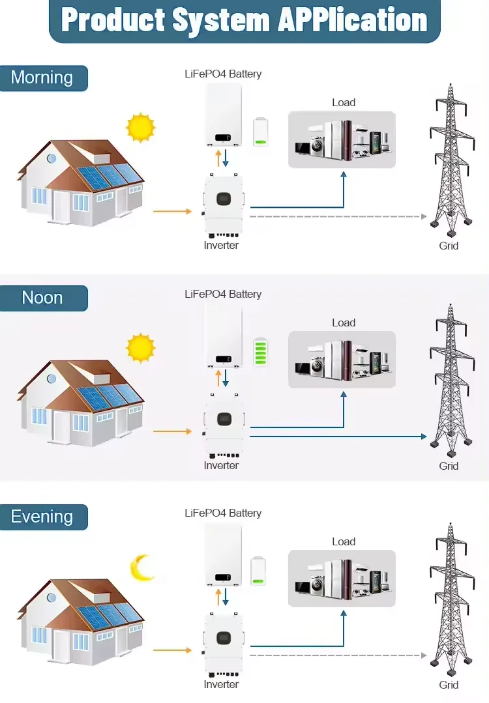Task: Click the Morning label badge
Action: tap(44, 78)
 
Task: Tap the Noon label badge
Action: tap(44, 298)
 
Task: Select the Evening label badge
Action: tap(44, 517)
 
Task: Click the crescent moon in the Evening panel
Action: tap(141, 568)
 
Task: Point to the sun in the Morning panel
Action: tap(141, 127)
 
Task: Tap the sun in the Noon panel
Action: tap(141, 348)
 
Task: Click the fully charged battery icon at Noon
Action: tap(261, 352)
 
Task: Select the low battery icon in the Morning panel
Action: tap(261, 132)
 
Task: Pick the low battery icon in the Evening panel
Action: tap(258, 571)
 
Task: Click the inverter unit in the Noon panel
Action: tap(224, 425)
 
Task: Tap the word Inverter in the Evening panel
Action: tap(221, 684)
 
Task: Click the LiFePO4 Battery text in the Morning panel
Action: tap(223, 74)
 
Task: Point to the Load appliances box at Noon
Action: tap(342, 360)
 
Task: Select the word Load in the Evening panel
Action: tap(344, 541)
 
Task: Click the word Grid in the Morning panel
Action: tap(449, 246)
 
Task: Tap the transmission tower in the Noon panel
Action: tap(451, 376)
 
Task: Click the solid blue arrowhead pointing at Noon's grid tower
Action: tap(424, 437)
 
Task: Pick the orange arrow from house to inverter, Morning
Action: tap(172, 211)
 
